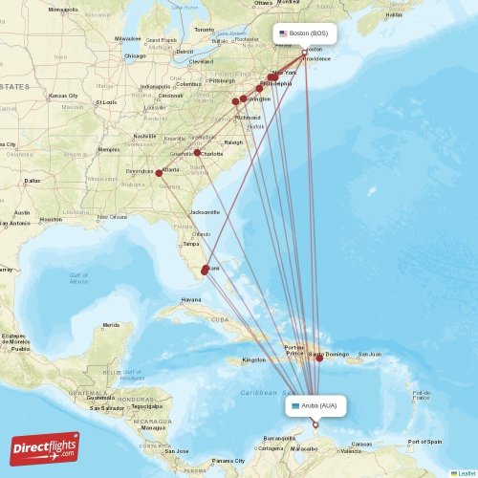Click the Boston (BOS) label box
pos(306,33)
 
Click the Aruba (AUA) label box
pos(315,405)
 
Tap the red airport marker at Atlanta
pos(159,173)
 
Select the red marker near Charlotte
pos(197,152)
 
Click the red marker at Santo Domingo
pos(319,358)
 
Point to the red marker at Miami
pos(205,271)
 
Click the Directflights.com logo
pos(45,447)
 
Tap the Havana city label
pos(191,299)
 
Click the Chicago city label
pos(133,55)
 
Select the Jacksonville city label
pos(204,211)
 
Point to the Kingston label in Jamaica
pos(253,360)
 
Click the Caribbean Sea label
pos(264,392)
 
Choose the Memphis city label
pos(109,149)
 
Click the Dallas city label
pos(33,180)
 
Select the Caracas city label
pos(360,445)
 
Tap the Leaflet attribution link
pos(465,472)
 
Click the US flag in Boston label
pos(283,33)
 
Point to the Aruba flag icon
pos(295,405)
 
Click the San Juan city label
pos(369,355)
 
